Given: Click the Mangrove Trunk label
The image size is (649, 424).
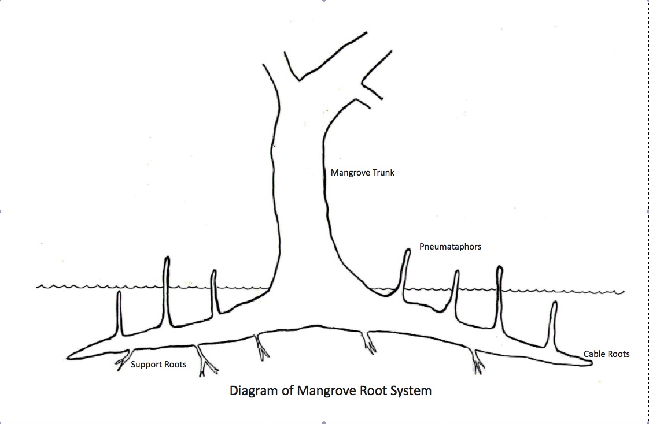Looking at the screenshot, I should (x=362, y=172).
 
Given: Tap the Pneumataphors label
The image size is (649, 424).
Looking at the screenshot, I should (x=450, y=247).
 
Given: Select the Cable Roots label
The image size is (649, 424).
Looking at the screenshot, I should (x=606, y=354).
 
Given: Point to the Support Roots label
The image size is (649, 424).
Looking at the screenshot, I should (x=158, y=365).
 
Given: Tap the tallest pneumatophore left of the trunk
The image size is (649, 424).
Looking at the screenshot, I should (x=167, y=289).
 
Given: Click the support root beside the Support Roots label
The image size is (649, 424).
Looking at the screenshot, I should (x=123, y=359).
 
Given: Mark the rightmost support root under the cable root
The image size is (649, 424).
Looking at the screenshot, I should (x=478, y=362).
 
